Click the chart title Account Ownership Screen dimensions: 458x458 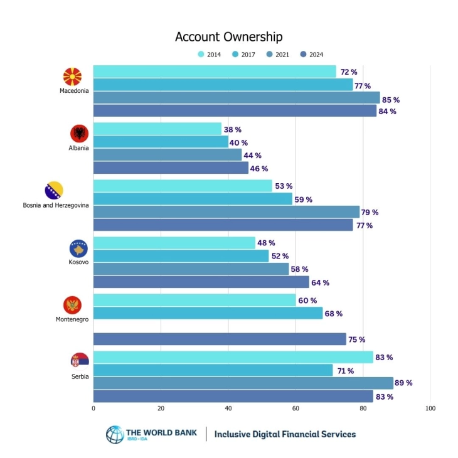(x=228, y=37)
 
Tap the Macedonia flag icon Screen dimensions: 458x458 (x=73, y=77)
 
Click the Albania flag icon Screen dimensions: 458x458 (x=79, y=134)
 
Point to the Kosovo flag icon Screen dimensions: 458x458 (x=79, y=248)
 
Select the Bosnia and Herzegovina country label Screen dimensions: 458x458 (x=56, y=205)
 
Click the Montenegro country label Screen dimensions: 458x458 (x=72, y=319)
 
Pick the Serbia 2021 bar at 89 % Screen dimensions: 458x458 (x=243, y=383)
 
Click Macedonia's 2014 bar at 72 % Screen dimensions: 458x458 (x=215, y=72)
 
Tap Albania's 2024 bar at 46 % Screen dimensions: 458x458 (x=171, y=168)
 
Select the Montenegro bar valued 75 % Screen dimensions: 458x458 (x=220, y=339)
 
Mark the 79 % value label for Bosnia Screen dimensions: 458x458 (x=370, y=212)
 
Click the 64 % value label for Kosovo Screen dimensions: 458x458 (x=320, y=282)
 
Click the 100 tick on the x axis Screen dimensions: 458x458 (x=430, y=408)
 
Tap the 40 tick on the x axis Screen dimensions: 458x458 (x=228, y=408)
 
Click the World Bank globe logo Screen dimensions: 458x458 (x=115, y=434)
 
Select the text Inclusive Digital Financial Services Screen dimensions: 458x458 (x=285, y=434)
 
